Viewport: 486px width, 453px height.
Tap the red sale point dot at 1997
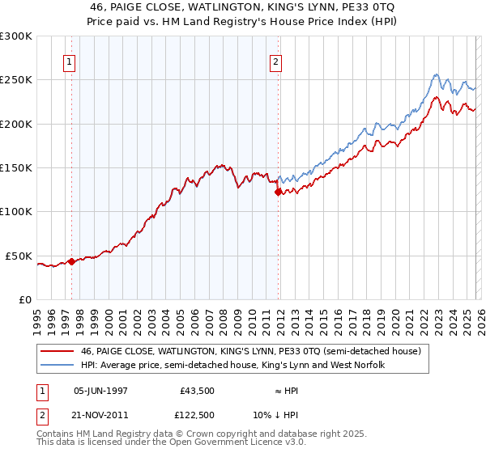point(71,261)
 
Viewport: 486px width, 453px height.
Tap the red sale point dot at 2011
point(278,193)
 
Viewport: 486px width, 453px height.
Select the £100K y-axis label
point(17,212)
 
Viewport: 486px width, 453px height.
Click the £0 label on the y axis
point(24,299)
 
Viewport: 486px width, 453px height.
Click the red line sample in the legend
point(58,352)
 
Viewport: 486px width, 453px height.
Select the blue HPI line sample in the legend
point(58,366)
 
